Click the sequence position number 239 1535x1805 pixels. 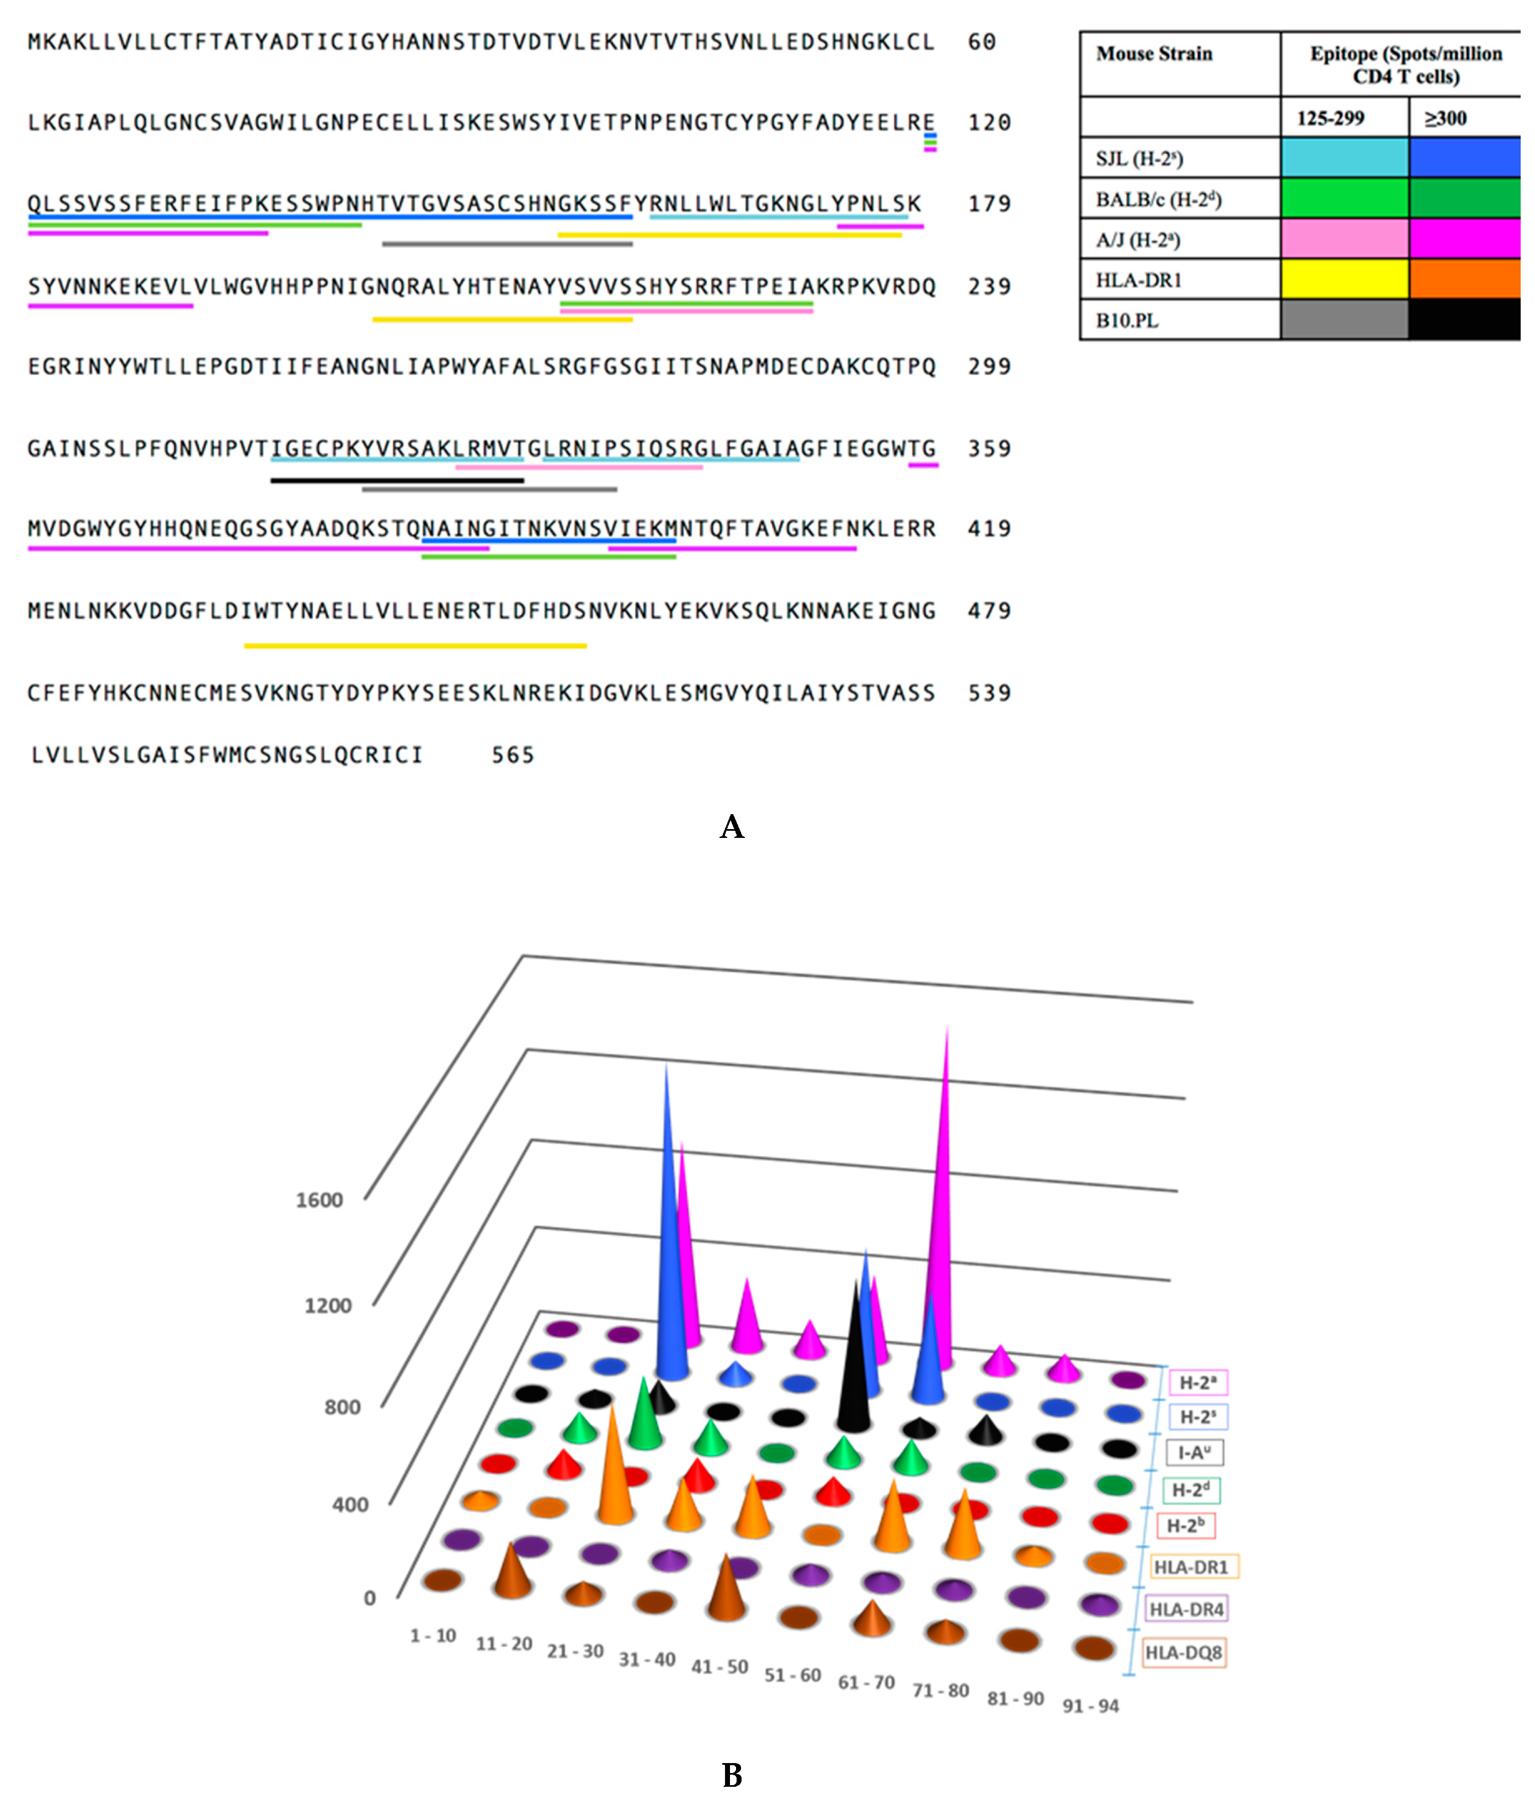coord(989,286)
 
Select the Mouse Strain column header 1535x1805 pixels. coord(1154,54)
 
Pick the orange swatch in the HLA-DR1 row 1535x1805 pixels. coord(1464,279)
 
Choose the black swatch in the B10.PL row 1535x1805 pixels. coord(1464,320)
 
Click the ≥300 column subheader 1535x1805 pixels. coord(1446,118)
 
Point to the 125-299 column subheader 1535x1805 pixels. coord(1330,118)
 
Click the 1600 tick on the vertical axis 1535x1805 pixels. coord(319,1200)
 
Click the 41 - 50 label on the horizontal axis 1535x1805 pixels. coord(719,1666)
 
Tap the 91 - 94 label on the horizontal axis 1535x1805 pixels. coord(1090,1706)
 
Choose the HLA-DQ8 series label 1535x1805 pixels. coord(1184,1653)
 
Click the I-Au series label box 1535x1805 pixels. coord(1194,1452)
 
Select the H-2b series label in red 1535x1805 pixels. coord(1185,1526)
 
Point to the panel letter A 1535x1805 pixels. coord(732,827)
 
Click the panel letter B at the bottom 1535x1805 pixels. coord(732,1775)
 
